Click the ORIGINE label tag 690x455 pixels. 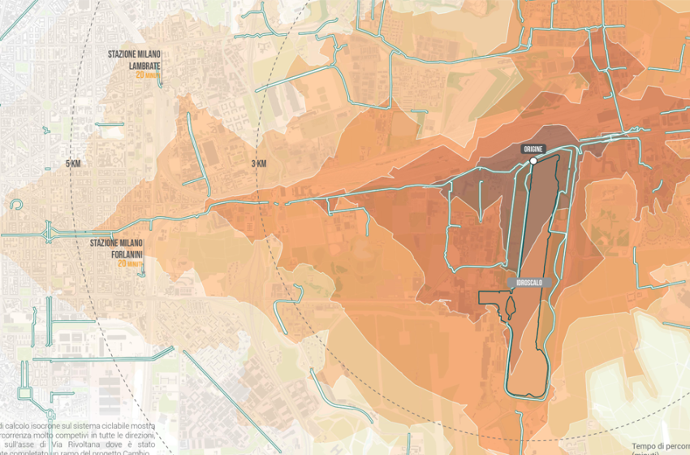[x=533, y=149]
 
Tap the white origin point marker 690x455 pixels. [x=533, y=162]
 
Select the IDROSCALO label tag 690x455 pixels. [x=530, y=282]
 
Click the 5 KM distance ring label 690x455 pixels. [x=73, y=164]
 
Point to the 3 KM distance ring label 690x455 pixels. [x=260, y=164]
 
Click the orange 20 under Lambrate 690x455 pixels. [x=140, y=75]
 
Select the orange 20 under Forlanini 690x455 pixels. [x=122, y=263]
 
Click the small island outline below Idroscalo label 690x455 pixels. [x=511, y=307]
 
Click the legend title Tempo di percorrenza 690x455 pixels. [x=660, y=446]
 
